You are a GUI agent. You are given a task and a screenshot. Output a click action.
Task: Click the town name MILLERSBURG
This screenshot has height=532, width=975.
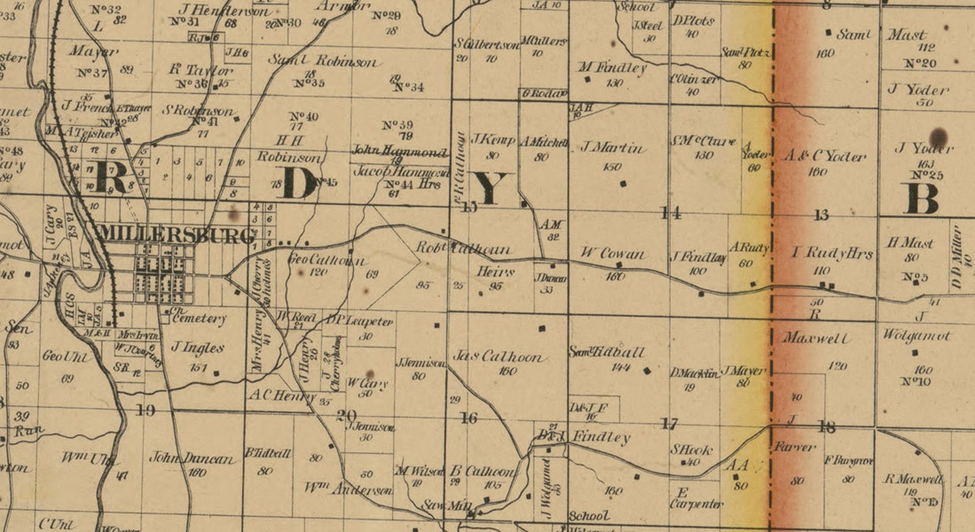[x=176, y=234]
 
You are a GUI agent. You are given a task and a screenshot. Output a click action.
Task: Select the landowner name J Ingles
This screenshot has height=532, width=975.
[x=197, y=348]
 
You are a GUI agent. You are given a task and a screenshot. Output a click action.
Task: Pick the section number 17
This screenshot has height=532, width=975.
[x=669, y=423]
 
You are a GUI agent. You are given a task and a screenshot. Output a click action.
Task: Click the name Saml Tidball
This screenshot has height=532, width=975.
[x=607, y=352]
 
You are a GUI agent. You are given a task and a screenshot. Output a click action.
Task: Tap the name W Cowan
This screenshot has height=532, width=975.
[x=613, y=253]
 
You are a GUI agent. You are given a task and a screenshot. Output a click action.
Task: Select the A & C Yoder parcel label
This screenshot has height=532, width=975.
[x=825, y=156]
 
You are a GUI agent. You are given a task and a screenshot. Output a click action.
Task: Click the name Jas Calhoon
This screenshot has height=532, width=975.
[x=498, y=356]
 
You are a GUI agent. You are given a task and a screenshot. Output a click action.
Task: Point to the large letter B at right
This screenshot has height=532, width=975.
[x=922, y=198]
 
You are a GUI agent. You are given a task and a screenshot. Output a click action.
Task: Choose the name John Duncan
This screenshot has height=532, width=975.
[x=192, y=458]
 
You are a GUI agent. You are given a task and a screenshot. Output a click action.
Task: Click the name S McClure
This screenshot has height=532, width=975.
[x=702, y=141]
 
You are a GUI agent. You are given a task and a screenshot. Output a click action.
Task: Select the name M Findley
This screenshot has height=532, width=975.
[x=612, y=67]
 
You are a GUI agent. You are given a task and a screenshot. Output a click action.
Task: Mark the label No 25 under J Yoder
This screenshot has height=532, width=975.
[x=926, y=175]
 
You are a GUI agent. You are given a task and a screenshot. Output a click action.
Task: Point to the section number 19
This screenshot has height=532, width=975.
[x=145, y=410]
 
